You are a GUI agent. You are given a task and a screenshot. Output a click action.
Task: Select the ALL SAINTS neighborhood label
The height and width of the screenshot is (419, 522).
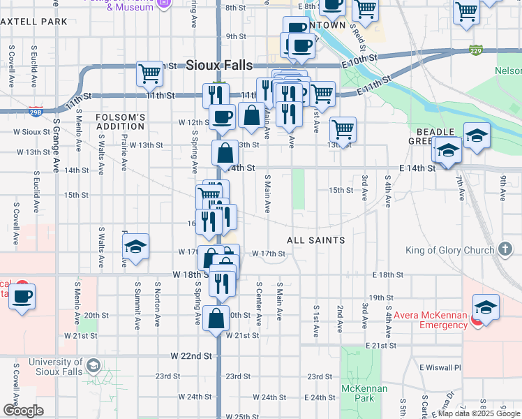pos(316,240)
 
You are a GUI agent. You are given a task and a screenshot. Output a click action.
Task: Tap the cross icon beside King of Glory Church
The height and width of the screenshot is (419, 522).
pos(505,250)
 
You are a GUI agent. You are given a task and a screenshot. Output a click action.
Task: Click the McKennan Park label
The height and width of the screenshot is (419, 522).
pos(359,393)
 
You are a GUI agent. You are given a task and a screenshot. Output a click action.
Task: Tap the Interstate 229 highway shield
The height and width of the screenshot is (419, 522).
pos(476,50)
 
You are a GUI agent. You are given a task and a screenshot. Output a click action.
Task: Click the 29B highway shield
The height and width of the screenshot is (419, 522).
pos(36,110)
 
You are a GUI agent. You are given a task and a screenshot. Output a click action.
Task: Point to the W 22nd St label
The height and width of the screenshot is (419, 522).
pos(191,356)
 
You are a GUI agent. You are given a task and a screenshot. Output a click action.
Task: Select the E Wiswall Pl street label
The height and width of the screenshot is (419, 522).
pos(440,367)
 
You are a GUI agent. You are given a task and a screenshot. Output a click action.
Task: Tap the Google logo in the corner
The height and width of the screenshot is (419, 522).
pos(23,410)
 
